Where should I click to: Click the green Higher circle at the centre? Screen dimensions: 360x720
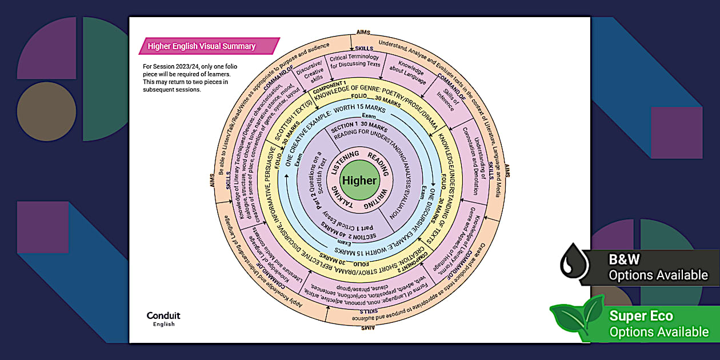pos(359,181)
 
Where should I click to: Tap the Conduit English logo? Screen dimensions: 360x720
pos(163,319)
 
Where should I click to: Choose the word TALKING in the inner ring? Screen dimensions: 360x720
pos(342,201)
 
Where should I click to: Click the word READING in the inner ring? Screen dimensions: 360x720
pos(378,162)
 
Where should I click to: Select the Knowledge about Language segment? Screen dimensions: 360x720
pos(410,75)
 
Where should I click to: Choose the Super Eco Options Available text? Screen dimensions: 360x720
pos(658,323)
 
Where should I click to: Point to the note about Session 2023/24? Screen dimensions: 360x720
pos(190,78)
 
